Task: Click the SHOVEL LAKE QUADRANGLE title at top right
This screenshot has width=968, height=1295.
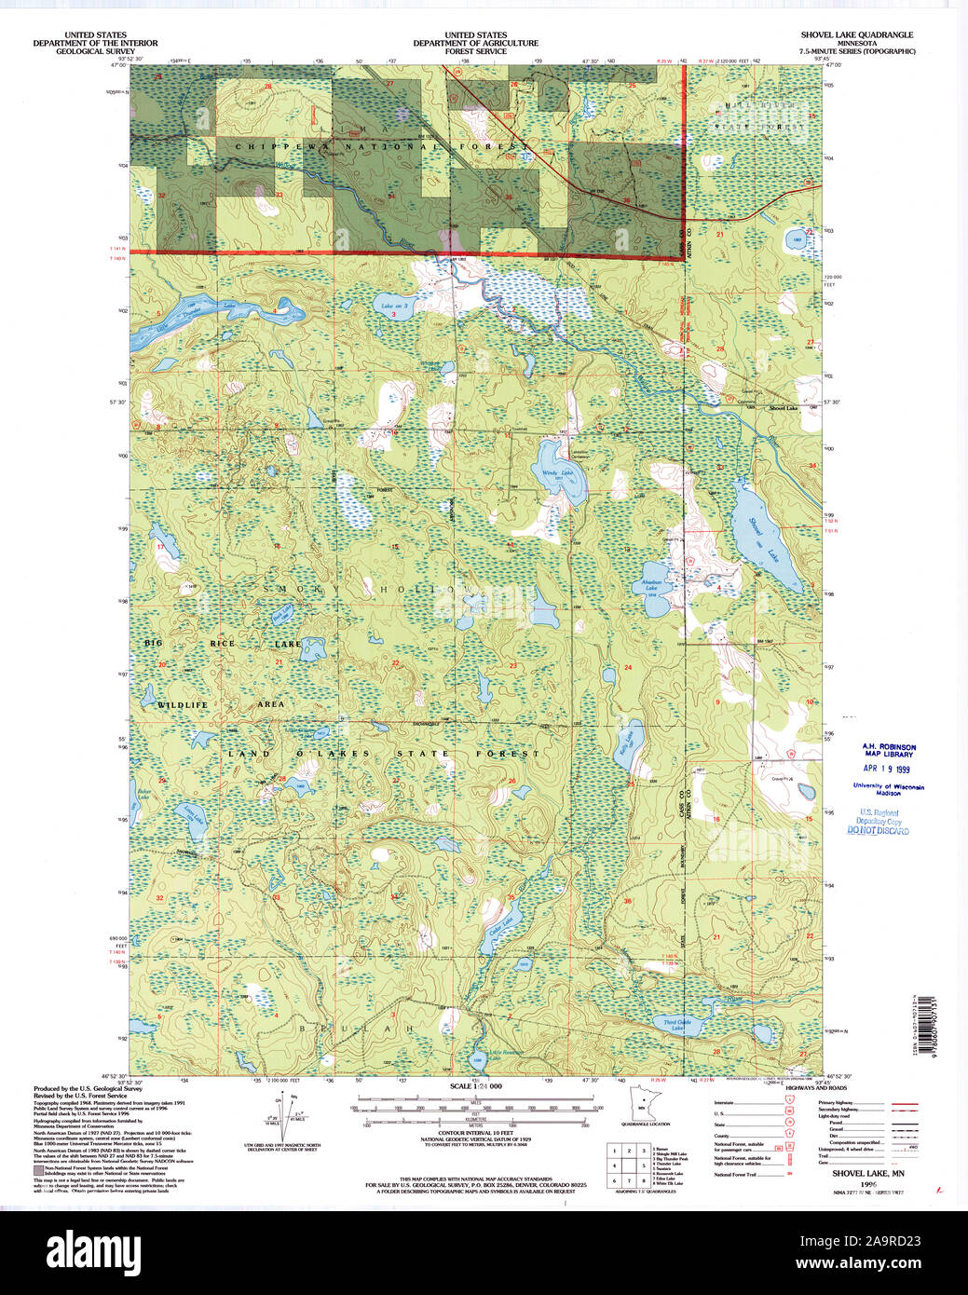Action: (x=850, y=34)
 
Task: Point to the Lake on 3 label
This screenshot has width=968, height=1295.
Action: (x=394, y=306)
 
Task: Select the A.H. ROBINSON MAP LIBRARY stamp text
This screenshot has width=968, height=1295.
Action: (x=887, y=750)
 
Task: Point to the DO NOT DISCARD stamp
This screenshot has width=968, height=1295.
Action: (x=878, y=829)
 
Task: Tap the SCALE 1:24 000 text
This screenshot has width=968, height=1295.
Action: (x=475, y=1087)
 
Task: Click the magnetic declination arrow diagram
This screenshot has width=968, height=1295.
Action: (x=285, y=1117)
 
